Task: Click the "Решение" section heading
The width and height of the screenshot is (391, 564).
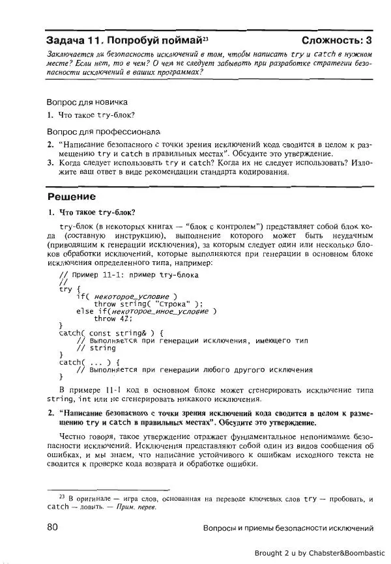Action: (72, 197)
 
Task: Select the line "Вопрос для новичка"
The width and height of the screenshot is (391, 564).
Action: (87, 102)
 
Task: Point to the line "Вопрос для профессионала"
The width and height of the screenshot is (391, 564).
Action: (103, 132)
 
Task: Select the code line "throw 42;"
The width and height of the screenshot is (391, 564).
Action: (113, 318)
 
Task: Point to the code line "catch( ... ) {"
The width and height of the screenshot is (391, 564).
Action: (85, 362)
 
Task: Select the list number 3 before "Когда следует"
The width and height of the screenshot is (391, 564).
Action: (50, 163)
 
